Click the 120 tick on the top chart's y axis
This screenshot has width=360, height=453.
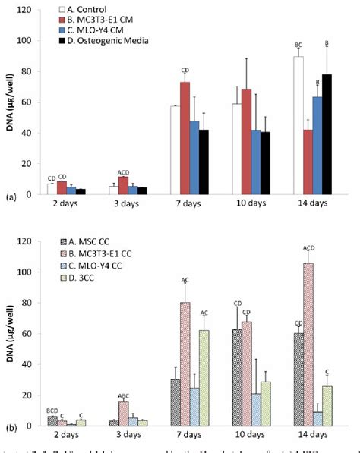(x=27, y=10)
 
